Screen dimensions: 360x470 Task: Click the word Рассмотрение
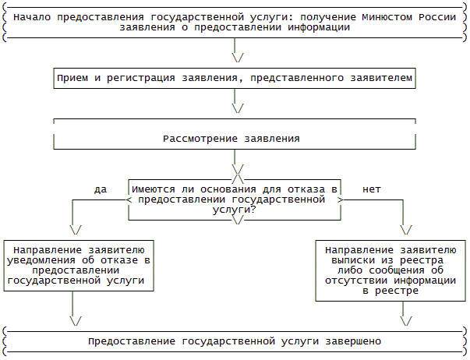pyautogui.click(x=200, y=139)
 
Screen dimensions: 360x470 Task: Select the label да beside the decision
pyautogui.click(x=100, y=189)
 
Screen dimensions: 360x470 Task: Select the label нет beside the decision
pyautogui.click(x=371, y=189)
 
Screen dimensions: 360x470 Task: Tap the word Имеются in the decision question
pyautogui.click(x=156, y=189)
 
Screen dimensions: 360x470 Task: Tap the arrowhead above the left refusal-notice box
pyautogui.click(x=75, y=229)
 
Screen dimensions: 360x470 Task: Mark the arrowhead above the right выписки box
pyautogui.click(x=405, y=229)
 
